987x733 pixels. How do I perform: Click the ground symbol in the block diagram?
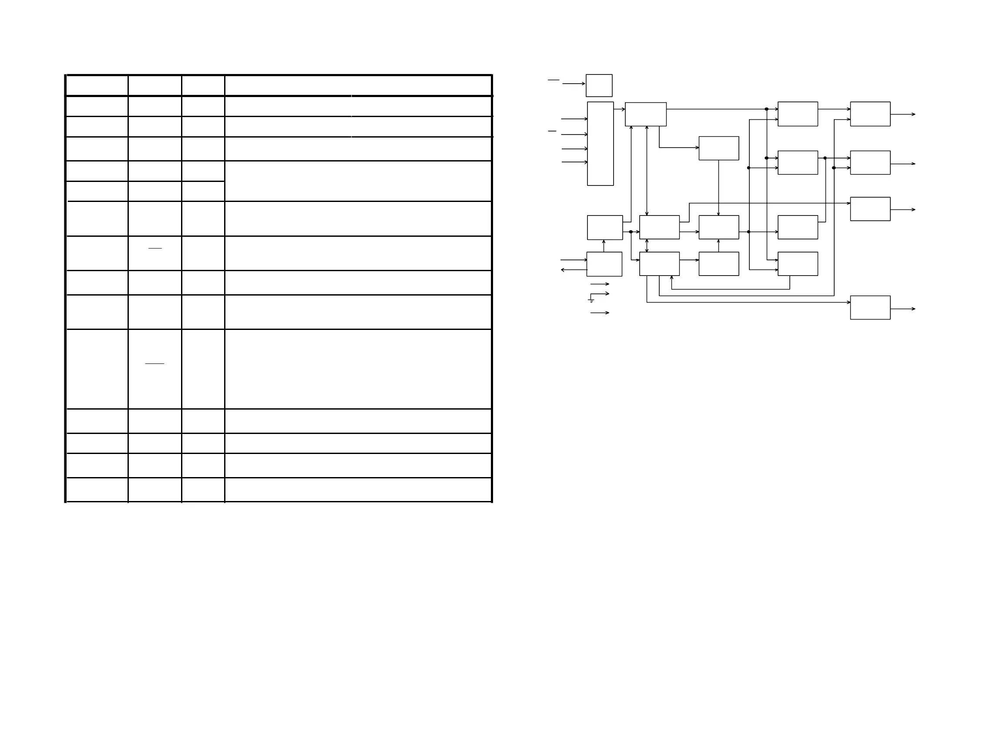pyautogui.click(x=591, y=301)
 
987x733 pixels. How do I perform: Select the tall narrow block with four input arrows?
pyautogui.click(x=600, y=143)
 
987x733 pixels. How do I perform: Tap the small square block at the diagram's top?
pyautogui.click(x=599, y=85)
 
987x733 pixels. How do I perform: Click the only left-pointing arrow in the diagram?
pyautogui.click(x=574, y=270)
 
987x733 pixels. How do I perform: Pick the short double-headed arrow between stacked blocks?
pyautogui.click(x=647, y=245)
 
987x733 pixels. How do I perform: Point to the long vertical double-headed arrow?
pyautogui.click(x=647, y=171)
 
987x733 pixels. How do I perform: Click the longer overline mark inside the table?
pyautogui.click(x=154, y=363)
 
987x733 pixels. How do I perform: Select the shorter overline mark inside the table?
pyautogui.click(x=155, y=248)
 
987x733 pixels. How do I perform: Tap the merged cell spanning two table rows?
pyautogui.click(x=358, y=181)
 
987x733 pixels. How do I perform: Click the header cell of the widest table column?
pyautogui.click(x=358, y=85)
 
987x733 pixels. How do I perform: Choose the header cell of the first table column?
pyautogui.click(x=97, y=85)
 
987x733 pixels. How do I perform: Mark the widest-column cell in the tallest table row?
pyautogui.click(x=358, y=369)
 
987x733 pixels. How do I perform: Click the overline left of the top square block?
pyautogui.click(x=553, y=80)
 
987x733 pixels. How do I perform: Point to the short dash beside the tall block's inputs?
pyautogui.click(x=552, y=131)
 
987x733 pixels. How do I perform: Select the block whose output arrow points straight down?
pyautogui.click(x=718, y=148)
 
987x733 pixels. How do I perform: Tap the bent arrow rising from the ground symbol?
pyautogui.click(x=600, y=294)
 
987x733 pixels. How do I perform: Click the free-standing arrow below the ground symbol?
pyautogui.click(x=599, y=313)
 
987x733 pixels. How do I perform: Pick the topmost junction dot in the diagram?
pyautogui.click(x=766, y=109)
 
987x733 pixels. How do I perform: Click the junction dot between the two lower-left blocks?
pyautogui.click(x=631, y=232)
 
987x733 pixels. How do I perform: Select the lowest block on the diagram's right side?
pyautogui.click(x=870, y=307)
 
